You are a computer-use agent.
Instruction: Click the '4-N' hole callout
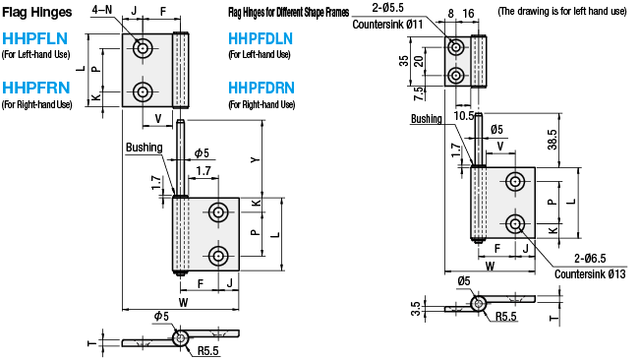(x=101, y=11)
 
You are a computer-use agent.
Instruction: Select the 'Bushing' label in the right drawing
(x=428, y=118)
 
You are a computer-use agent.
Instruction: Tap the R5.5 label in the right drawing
(x=507, y=317)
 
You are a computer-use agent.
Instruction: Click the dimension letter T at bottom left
(x=91, y=342)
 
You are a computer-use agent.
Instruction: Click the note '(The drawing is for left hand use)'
(x=562, y=12)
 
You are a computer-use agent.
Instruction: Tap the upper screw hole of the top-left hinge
(x=145, y=48)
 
